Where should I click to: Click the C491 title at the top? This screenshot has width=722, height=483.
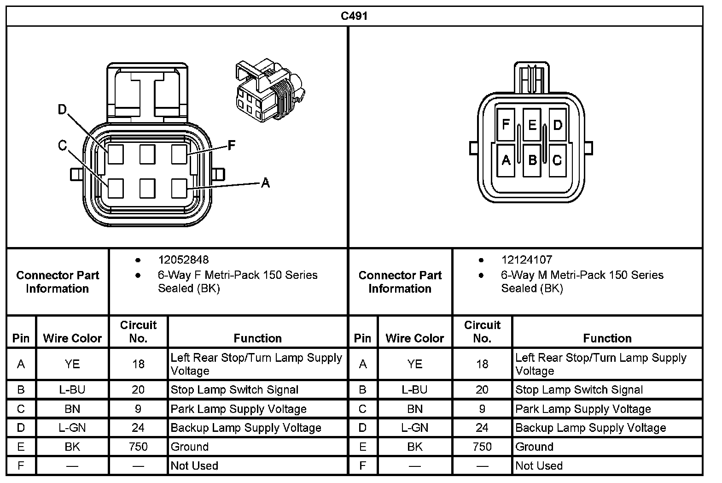354,16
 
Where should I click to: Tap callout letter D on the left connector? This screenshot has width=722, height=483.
62,110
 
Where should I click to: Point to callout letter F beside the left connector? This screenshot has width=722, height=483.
232,146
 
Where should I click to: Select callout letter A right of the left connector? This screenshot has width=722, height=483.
265,183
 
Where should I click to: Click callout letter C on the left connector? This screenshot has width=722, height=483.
62,146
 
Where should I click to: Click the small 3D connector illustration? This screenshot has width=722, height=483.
269,90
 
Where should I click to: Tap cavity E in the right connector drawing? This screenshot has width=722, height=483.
532,125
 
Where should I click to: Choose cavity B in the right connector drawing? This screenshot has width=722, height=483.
532,160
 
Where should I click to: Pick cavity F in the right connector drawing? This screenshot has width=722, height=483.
506,125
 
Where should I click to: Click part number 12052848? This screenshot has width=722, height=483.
183,260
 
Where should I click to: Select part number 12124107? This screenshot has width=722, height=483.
526,260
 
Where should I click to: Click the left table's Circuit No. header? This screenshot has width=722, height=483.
138,331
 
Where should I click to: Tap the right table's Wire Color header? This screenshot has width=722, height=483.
414,338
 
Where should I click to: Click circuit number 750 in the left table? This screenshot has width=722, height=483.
138,447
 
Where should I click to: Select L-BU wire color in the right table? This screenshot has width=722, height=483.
414,389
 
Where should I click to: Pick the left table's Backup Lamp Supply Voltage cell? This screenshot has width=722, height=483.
245,428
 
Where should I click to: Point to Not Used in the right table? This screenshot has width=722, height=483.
539,465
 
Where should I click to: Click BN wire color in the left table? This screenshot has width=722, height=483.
72,409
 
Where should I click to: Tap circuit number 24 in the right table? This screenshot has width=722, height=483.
482,428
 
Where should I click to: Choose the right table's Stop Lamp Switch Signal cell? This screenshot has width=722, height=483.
579,389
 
